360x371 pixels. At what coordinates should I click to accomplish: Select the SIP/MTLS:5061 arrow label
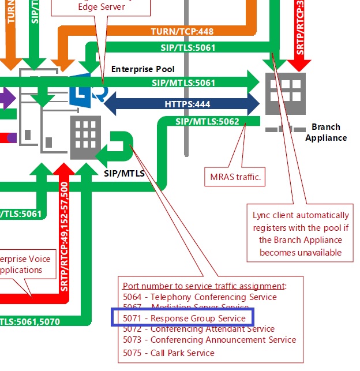183,83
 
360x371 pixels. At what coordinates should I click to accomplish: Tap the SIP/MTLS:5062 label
207,122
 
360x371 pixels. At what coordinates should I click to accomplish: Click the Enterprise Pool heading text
142,69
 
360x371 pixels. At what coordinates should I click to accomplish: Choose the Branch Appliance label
326,132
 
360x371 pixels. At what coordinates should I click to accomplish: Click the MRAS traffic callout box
234,177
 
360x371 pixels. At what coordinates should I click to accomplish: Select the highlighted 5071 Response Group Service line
184,318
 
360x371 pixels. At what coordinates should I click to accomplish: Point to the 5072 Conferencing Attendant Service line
198,329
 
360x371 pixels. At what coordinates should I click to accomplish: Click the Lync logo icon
87,90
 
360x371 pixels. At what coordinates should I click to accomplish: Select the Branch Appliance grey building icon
285,93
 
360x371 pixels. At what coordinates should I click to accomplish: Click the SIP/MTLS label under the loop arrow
124,173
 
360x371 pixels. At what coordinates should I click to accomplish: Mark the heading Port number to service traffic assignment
204,286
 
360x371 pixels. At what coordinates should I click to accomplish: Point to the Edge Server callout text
101,7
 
